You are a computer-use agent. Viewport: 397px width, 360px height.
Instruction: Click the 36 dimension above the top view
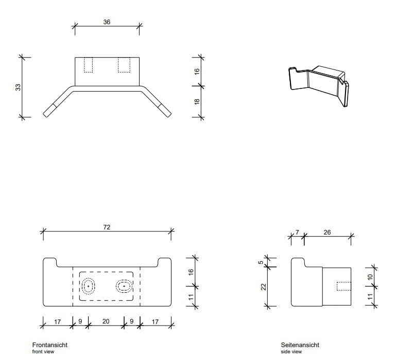tap(107, 22)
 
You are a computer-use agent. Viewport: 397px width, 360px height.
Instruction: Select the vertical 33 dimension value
tap(18, 87)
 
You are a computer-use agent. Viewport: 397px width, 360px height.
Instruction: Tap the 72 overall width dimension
tap(107, 226)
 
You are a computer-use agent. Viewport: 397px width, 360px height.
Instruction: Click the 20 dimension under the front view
tap(106, 322)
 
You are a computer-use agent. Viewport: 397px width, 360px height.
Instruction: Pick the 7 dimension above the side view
tap(297, 232)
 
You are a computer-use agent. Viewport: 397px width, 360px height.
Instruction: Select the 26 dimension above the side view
tap(327, 232)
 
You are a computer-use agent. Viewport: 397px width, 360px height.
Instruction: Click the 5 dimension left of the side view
tap(261, 262)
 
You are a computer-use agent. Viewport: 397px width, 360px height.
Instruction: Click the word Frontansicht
tap(50, 345)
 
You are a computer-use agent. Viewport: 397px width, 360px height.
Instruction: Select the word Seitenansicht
tap(300, 345)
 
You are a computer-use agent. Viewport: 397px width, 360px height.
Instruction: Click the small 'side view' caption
tap(291, 352)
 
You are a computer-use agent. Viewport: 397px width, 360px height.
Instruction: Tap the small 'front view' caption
tap(43, 352)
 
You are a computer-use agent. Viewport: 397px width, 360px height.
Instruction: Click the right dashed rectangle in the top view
tap(124, 65)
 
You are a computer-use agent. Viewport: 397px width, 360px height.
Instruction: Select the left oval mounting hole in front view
tap(89, 285)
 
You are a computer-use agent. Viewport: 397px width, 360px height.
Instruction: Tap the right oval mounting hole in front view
tap(124, 285)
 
